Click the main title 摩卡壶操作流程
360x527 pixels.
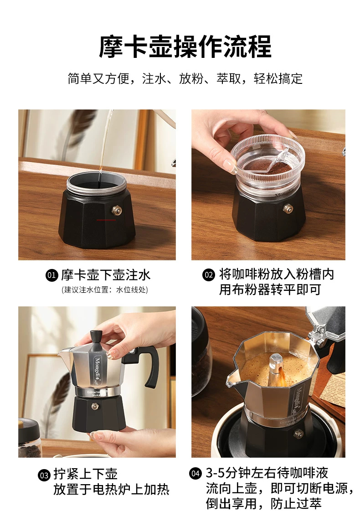tap(185, 46)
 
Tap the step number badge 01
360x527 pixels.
tap(51, 275)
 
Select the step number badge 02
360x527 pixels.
tap(208, 274)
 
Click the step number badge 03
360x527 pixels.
tap(44, 475)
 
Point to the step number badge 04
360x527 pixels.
tap(195, 473)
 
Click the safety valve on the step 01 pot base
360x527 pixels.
tap(117, 211)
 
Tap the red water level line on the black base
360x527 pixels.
tap(106, 220)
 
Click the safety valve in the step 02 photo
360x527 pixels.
tap(288, 208)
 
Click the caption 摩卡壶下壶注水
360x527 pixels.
tap(106, 275)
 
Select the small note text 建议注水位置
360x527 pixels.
tap(104, 290)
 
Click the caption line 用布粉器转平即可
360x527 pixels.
tap(270, 289)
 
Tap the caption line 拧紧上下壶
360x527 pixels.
tap(85, 474)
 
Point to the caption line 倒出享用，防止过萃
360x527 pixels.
tap(263, 503)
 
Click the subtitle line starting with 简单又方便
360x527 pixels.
tap(185, 79)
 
